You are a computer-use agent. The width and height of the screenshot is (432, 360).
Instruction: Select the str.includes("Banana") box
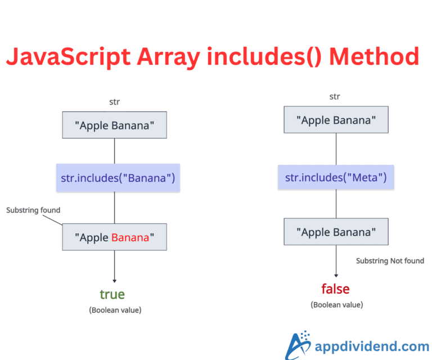[118, 179]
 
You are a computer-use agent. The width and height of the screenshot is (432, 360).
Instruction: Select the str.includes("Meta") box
[336, 178]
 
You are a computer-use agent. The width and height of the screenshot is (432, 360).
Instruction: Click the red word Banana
[130, 237]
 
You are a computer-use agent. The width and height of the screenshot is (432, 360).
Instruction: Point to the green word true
[112, 294]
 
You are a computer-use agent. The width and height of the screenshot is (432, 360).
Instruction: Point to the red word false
[335, 289]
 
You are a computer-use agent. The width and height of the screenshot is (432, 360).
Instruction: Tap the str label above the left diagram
[114, 102]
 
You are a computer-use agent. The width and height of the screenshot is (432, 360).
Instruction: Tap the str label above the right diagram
[335, 96]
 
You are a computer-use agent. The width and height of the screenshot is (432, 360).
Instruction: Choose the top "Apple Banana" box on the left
[114, 125]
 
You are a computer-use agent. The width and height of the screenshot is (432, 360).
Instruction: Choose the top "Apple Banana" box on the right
[336, 120]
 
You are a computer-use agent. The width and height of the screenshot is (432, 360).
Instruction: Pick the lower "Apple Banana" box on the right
[336, 232]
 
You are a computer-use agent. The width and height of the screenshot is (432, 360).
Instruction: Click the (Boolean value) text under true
[115, 310]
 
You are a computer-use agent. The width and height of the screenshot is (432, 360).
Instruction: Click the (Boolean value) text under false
[336, 304]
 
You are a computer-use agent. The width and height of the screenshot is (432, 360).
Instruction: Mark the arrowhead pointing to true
[115, 280]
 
